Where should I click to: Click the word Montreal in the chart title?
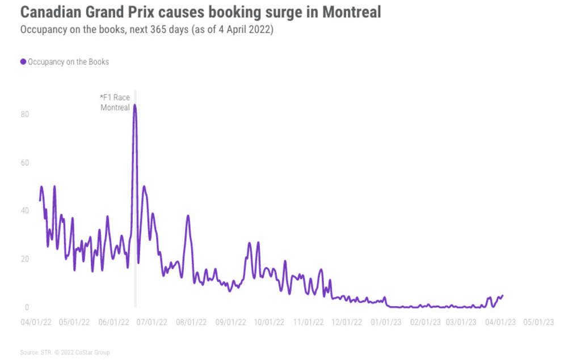[351, 12]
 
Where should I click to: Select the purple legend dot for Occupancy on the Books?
[23, 62]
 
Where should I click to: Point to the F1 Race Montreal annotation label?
[115, 103]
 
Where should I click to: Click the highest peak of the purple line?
[134, 105]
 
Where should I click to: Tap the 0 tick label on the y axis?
[26, 308]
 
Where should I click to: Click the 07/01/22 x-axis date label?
[151, 321]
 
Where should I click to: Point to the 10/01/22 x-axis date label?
[268, 321]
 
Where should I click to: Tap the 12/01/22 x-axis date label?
[346, 321]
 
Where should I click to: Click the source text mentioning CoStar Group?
[65, 353]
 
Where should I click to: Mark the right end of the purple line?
[503, 295]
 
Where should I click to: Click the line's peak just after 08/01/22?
[188, 216]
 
